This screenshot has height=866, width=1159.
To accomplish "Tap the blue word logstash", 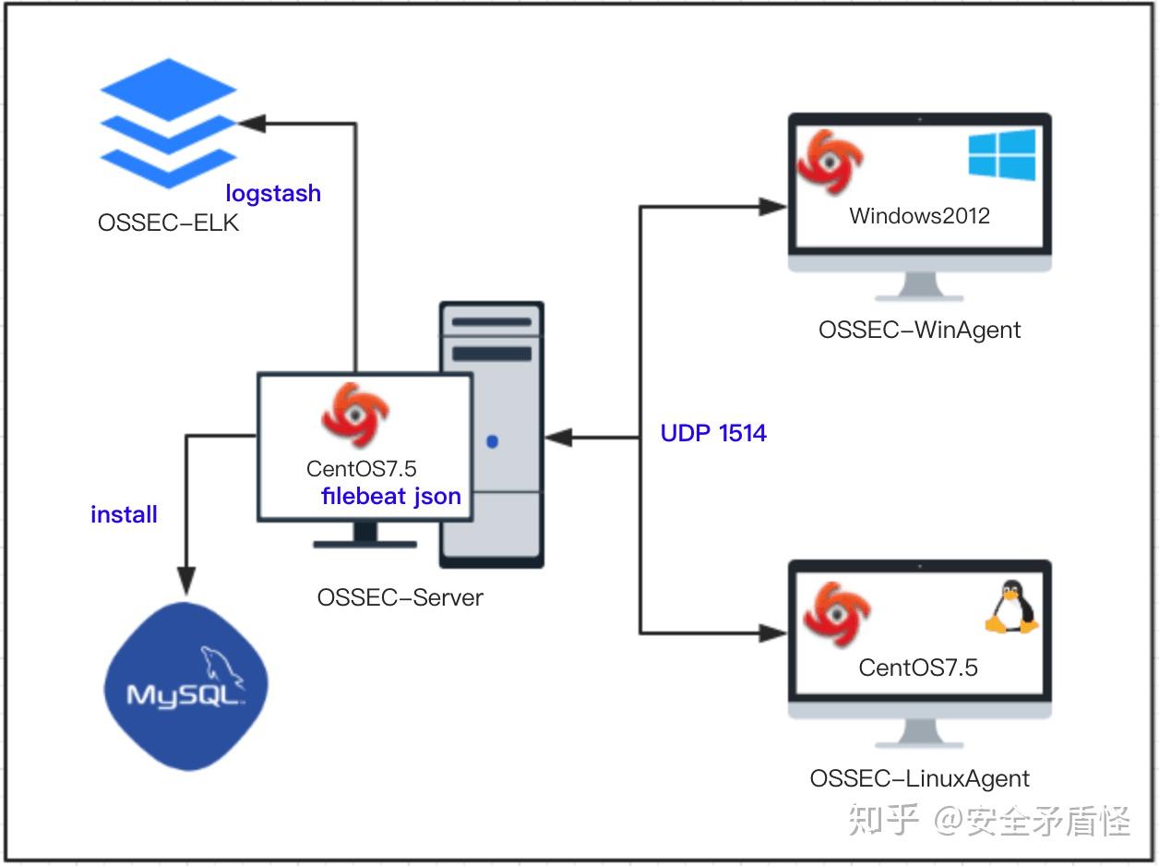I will pyautogui.click(x=273, y=194).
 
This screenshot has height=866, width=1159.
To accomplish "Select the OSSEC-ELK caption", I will pyautogui.click(x=168, y=223).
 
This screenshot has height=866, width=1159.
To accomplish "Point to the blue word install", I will pyautogui.click(x=124, y=514).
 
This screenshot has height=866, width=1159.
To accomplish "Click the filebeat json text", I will pyautogui.click(x=390, y=496).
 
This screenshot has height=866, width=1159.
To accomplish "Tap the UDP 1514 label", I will pyautogui.click(x=713, y=433).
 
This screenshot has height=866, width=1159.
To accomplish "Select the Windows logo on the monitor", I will pyautogui.click(x=1001, y=154).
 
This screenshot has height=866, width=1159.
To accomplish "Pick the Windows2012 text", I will pyautogui.click(x=919, y=216).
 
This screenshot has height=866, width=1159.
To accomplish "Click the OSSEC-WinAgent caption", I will pyautogui.click(x=919, y=330).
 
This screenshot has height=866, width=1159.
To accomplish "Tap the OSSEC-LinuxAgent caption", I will pyautogui.click(x=919, y=778).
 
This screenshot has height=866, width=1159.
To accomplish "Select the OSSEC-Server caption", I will pyautogui.click(x=400, y=597).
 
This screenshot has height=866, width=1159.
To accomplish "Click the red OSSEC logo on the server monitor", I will pyautogui.click(x=356, y=416).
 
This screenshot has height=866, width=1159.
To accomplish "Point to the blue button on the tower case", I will pyautogui.click(x=492, y=441).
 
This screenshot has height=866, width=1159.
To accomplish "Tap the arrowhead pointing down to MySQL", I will pyautogui.click(x=186, y=582).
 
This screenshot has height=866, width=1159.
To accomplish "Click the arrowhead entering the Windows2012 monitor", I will pyautogui.click(x=773, y=207).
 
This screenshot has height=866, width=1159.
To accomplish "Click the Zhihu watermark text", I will pyautogui.click(x=988, y=819).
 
